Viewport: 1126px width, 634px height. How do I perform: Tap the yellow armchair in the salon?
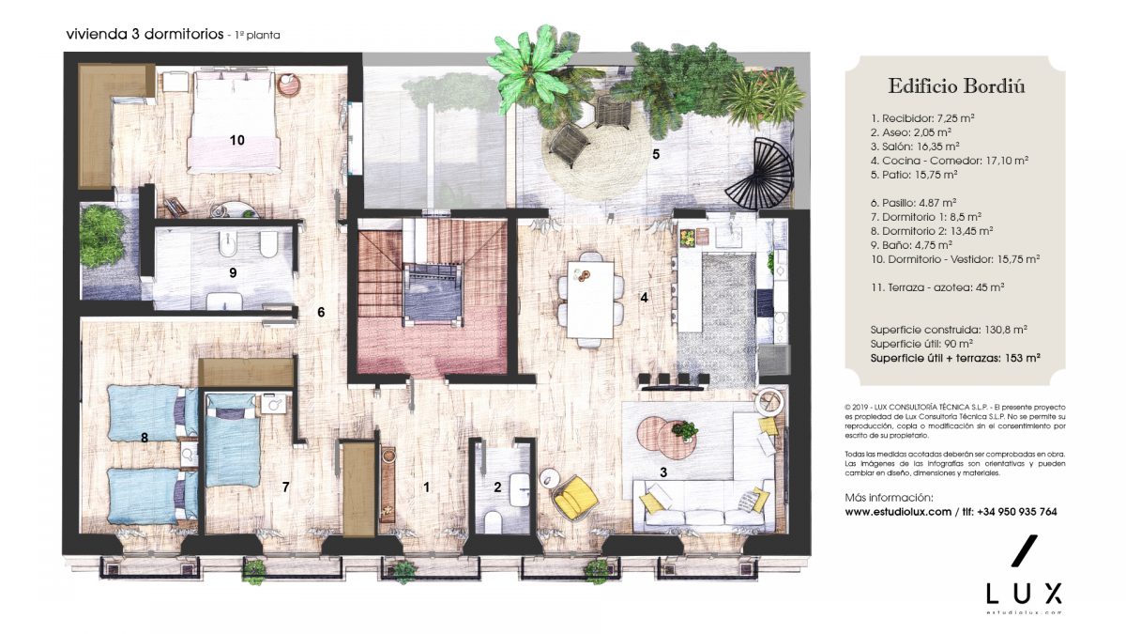click(575, 498)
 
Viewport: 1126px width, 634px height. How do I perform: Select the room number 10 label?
click(236, 140)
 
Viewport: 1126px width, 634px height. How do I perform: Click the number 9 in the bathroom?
click(233, 272)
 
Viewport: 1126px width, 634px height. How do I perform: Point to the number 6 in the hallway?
click(321, 313)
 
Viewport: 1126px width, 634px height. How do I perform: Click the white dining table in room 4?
click(590, 300)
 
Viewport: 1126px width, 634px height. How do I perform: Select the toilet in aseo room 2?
click(492, 522)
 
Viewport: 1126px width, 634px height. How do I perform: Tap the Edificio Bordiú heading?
click(955, 86)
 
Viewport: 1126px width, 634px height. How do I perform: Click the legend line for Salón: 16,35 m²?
click(915, 147)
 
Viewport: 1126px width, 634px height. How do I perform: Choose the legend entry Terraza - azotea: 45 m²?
click(937, 287)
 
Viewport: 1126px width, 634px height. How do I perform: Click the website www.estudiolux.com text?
click(898, 512)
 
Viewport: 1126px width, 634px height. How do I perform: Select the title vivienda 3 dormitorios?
click(145, 34)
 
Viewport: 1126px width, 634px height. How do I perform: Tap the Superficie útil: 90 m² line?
click(921, 344)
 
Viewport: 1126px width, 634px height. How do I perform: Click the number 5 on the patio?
click(656, 154)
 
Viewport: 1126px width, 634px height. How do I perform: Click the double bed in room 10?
click(234, 122)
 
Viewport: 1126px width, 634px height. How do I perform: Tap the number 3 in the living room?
click(663, 472)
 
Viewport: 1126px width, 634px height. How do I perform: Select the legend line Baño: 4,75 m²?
click(911, 245)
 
